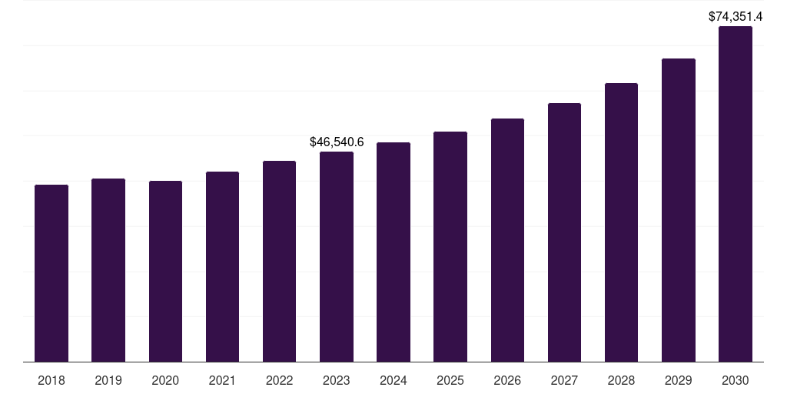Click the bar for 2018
[x=51, y=273]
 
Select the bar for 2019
[x=108, y=270]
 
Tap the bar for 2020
[x=165, y=271]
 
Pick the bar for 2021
[x=222, y=266]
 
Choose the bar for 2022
[x=279, y=261]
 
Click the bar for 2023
[x=337, y=256]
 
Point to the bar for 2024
[x=393, y=252]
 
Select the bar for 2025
[x=450, y=246]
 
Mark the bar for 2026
[x=507, y=240]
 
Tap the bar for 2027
[x=564, y=232]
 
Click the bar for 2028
[x=621, y=222]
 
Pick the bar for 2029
[x=679, y=210]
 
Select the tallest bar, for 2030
[x=736, y=194]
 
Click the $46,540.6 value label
[x=337, y=142]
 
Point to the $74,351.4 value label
[x=736, y=16]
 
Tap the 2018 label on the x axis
[x=51, y=380]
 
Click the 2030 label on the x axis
[x=736, y=380]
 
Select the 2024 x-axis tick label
[x=393, y=380]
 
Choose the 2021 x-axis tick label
[x=222, y=380]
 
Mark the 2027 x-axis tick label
[x=564, y=380]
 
